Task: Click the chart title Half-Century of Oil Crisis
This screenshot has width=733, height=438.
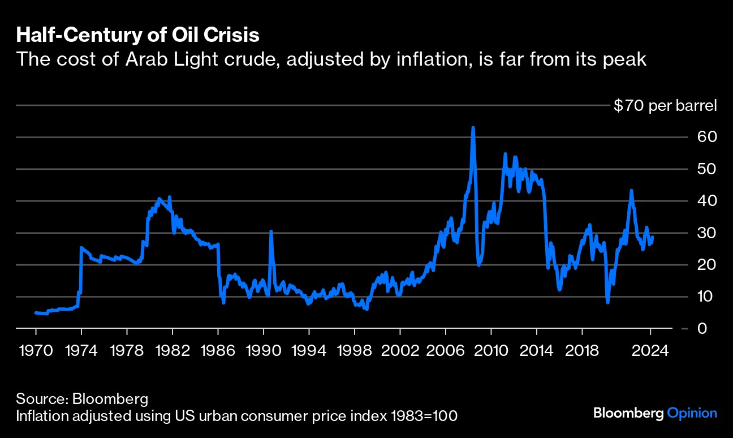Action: click(x=138, y=35)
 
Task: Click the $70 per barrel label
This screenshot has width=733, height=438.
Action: click(x=665, y=106)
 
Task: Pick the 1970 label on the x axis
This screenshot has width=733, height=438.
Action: click(x=36, y=350)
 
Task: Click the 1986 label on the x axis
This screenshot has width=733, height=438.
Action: click(x=218, y=350)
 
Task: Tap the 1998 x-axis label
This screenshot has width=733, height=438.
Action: click(x=355, y=350)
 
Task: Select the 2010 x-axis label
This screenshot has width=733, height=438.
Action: click(x=491, y=350)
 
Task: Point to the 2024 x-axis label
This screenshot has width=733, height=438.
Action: click(x=650, y=350)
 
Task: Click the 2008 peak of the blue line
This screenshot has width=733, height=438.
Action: click(x=473, y=128)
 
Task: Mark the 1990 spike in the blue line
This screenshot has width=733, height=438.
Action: click(x=271, y=231)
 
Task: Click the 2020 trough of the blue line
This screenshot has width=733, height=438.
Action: click(x=608, y=302)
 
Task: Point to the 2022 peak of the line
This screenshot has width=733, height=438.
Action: click(x=631, y=191)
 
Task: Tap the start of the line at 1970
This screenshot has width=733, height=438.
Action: click(x=36, y=312)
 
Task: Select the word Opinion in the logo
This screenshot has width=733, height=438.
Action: click(x=692, y=414)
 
